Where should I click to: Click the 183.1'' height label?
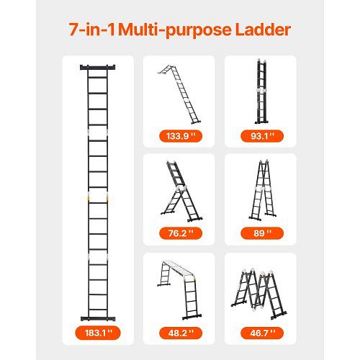coord(98,333)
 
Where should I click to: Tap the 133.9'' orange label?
coord(181,136)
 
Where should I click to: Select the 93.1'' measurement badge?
coord(262,136)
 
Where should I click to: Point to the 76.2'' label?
coord(181,233)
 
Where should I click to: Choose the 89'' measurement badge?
coord(262,233)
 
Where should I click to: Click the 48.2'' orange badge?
coord(181,333)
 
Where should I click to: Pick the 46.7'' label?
coord(262,333)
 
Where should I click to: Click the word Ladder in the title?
coord(263,30)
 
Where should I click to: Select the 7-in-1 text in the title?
coord(92,30)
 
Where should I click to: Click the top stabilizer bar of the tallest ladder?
coord(98,67)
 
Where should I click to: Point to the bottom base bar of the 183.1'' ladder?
coord(98,319)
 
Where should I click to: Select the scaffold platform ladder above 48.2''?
coord(179,290)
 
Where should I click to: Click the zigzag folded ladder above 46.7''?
coord(258,294)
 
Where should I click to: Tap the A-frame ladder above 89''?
coord(262,190)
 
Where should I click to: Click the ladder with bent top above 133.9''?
coord(179,94)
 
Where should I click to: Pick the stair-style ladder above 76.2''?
coord(181,192)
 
